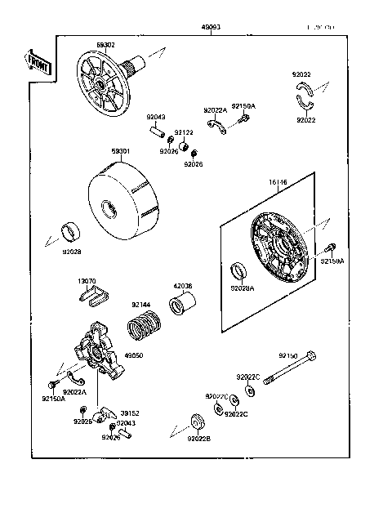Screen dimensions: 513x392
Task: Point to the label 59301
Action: pos(121,150)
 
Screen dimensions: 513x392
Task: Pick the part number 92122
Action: pos(186,132)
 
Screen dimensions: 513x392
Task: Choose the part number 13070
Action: pos(87,281)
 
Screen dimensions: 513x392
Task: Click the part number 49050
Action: pos(132,355)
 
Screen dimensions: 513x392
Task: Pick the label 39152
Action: pos(130,413)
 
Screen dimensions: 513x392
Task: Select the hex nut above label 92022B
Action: pos(197,423)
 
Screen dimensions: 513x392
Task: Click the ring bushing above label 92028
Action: pos(70,229)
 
